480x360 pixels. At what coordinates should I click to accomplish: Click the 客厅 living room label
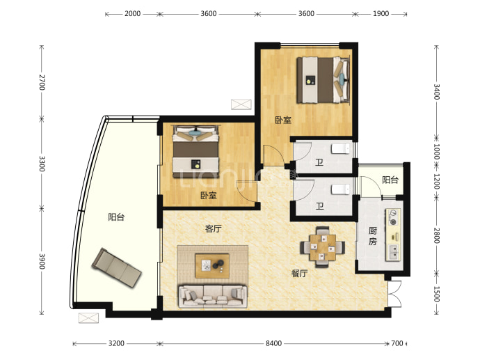[x=213, y=228]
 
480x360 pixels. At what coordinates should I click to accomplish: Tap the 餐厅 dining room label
[x=299, y=273]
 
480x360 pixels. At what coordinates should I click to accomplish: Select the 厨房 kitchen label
[x=372, y=236]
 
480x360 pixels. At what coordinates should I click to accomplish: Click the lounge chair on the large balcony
[x=117, y=267]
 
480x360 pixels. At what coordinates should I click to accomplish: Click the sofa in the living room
[x=212, y=296]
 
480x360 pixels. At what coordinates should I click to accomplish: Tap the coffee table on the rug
[x=212, y=265]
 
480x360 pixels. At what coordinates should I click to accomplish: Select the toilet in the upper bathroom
[x=340, y=149]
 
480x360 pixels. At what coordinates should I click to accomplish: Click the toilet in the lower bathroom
[x=340, y=189]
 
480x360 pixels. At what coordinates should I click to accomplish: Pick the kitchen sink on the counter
[x=394, y=253]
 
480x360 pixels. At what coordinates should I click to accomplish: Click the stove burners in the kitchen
[x=393, y=217]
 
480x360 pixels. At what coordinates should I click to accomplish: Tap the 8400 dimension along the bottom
[x=273, y=343]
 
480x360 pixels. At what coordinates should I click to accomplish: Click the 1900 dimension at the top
[x=381, y=13]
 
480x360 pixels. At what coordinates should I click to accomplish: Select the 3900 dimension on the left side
[x=42, y=261]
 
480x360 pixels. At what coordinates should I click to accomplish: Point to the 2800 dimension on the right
[x=437, y=235]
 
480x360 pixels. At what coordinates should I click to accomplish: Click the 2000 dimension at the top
[x=132, y=13]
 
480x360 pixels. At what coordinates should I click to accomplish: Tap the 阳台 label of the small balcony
[x=390, y=180]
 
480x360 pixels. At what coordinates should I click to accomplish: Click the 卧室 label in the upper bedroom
[x=283, y=120]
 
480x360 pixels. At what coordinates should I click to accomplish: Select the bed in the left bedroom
[x=196, y=151]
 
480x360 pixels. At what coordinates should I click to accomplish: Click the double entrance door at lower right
[x=395, y=294]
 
